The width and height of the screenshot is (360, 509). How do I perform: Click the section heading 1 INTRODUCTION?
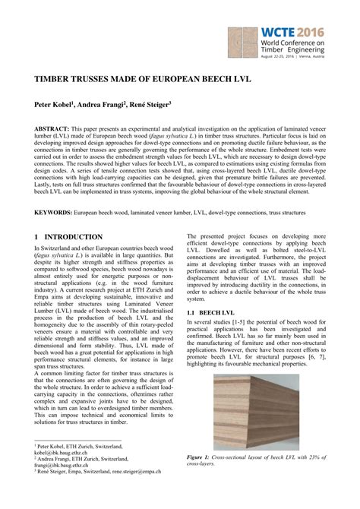coord(69,237)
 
